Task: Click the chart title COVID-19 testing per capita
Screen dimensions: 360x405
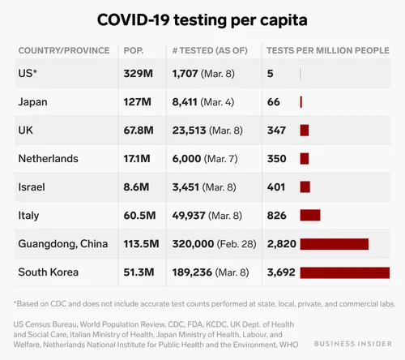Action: (x=202, y=19)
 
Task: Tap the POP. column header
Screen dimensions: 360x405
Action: (x=134, y=50)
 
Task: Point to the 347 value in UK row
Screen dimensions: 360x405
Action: (x=277, y=130)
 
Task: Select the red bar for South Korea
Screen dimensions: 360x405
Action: (x=344, y=272)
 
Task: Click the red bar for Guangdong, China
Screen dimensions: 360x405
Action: (x=334, y=243)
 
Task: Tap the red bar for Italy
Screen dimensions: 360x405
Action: (x=309, y=215)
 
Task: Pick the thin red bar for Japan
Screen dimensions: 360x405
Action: (x=301, y=102)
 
